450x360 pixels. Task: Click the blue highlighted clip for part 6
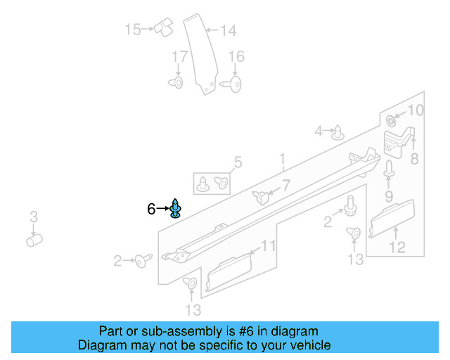(x=176, y=209)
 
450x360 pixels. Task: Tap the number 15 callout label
(x=133, y=30)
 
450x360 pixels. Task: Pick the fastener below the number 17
(x=176, y=83)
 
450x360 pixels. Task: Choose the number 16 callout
(x=236, y=56)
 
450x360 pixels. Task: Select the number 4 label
(x=319, y=131)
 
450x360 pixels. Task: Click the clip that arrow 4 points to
(x=339, y=132)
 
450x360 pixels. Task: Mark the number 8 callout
(x=414, y=159)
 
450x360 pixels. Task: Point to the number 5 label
(x=238, y=163)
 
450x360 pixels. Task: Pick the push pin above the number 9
(x=388, y=169)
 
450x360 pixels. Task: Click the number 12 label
(x=397, y=247)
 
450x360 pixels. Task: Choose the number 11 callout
(x=269, y=245)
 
